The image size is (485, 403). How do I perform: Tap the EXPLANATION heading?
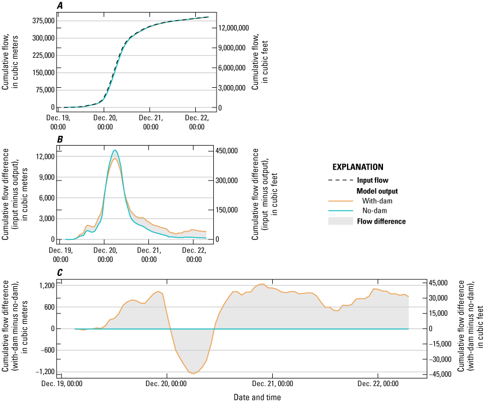click(x=358, y=167)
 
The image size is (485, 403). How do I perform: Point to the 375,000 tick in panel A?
click(x=42, y=21)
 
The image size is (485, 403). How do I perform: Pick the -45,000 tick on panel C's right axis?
click(x=441, y=374)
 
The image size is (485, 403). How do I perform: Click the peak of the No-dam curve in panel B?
click(x=115, y=150)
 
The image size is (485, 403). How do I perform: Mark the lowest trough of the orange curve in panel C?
click(x=194, y=374)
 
